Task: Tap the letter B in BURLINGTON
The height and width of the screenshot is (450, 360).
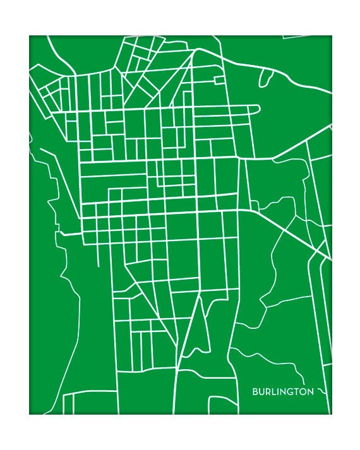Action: (255, 392)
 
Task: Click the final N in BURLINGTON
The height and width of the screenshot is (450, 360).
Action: (309, 392)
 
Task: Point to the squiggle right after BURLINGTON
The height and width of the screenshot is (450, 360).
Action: (321, 392)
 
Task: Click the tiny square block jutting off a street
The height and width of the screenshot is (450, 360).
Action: (220, 80)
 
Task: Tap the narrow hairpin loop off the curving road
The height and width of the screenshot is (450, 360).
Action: (263, 77)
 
